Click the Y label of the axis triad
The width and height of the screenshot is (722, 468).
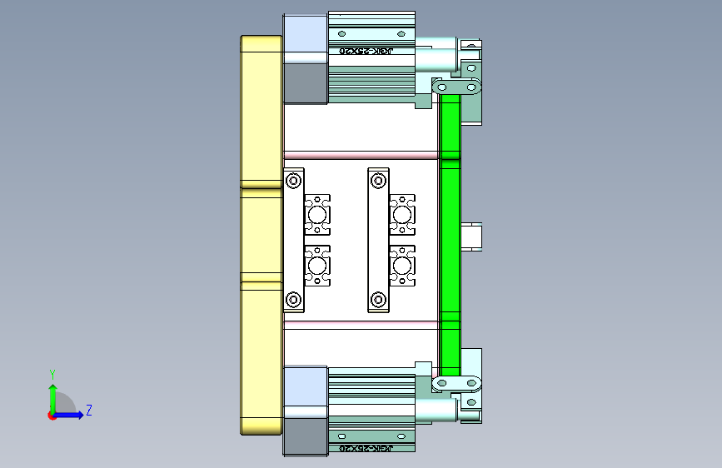coord(52,374)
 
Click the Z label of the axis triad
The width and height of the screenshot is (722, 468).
coord(88,411)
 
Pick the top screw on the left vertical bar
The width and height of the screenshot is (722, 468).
coord(293,180)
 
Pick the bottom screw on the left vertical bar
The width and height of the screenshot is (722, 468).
coord(293,298)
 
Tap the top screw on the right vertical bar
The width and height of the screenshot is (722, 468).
coord(378,180)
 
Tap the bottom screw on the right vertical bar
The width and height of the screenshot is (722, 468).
coord(378,298)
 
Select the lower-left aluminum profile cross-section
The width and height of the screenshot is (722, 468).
coord(317,266)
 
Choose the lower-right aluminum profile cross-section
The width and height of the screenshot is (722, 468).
coord(402,266)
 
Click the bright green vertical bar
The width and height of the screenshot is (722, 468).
coord(451,233)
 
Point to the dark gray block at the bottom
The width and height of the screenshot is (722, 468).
coord(305,436)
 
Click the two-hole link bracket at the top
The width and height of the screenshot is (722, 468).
coord(458,87)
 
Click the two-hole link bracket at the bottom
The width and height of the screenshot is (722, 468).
coord(457,382)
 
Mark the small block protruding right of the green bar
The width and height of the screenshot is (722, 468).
coord(472,236)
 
